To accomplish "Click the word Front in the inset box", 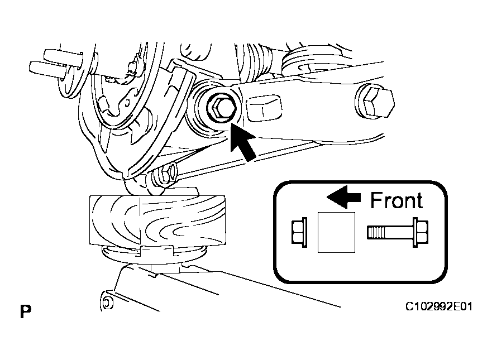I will pyautogui.click(x=396, y=200).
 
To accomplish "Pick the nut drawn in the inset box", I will pyautogui.click(x=300, y=232).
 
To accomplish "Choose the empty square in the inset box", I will pyautogui.click(x=336, y=232).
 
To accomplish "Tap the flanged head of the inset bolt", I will pyautogui.click(x=421, y=232).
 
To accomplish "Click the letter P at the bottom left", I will pyautogui.click(x=25, y=311).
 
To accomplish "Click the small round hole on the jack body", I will pyautogui.click(x=104, y=303).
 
